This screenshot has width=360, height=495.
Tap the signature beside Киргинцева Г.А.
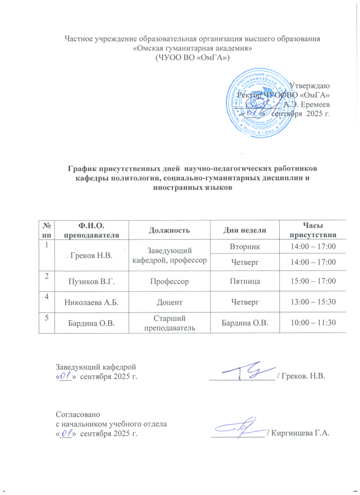[x=240, y=426]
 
